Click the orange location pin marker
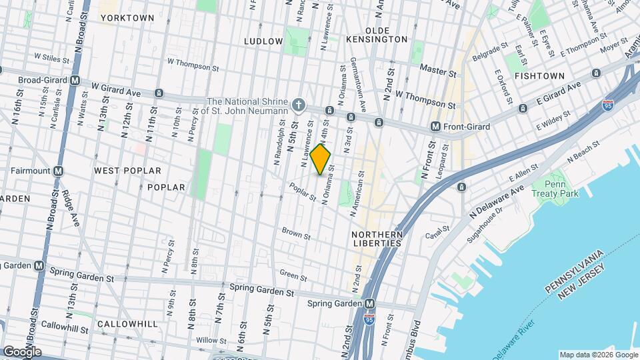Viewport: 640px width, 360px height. click(321, 159)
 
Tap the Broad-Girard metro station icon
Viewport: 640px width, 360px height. click(75, 80)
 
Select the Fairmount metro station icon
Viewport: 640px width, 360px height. click(58, 171)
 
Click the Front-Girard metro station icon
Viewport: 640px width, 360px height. click(435, 126)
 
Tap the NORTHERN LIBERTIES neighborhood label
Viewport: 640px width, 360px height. click(377, 239)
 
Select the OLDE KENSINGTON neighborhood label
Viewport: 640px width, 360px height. click(386, 39)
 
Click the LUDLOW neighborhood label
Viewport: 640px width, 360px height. click(263, 41)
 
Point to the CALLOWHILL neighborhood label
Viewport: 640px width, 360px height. click(127, 324)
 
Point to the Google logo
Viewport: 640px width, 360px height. click(21, 351)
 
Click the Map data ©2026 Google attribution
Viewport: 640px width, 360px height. click(597, 355)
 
